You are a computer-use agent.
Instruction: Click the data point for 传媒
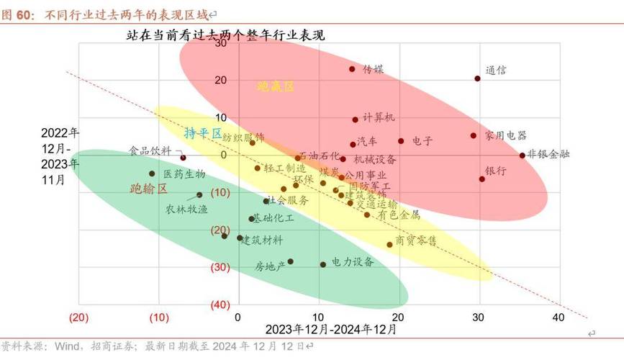pos(352,69)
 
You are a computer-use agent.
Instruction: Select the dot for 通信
pos(477,78)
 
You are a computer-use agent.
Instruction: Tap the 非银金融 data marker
pos(523,155)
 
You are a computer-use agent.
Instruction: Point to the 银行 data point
pos(482,179)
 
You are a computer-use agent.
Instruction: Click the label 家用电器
pos(505,135)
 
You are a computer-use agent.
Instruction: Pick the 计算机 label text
pos(379,117)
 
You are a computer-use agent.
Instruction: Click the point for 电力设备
pos(323,264)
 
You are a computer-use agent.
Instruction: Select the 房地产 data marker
pos(290,261)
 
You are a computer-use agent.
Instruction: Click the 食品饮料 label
pos(150,151)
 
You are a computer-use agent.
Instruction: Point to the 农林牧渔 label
pos(166,210)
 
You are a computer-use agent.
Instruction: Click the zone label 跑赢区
pos(276,86)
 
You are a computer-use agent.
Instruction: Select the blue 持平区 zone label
pos(203,133)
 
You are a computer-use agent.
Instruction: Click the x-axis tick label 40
pos(559,318)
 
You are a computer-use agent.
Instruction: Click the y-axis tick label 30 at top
pos(221,43)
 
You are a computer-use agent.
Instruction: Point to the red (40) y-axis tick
pos(220,305)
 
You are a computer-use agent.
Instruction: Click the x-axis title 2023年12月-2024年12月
pos(330,330)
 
